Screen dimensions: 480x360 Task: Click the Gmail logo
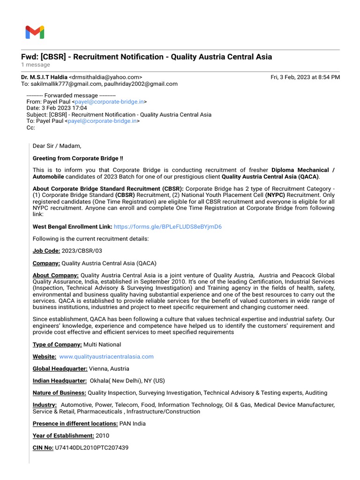35,32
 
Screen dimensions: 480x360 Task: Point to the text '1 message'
35,65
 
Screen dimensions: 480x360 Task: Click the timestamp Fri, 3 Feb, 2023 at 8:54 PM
305,77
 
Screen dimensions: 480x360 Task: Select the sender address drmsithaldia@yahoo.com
105,77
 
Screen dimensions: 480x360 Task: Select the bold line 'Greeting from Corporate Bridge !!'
78,158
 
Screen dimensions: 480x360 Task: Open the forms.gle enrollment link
167,226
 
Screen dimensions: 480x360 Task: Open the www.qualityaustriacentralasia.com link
106,356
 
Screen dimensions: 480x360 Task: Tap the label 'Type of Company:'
57,345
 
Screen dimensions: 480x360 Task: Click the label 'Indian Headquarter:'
60,381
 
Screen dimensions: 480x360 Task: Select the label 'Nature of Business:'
59,393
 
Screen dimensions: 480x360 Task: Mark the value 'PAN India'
133,423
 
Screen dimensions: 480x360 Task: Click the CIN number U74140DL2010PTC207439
91,448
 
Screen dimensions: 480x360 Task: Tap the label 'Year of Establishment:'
63,435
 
